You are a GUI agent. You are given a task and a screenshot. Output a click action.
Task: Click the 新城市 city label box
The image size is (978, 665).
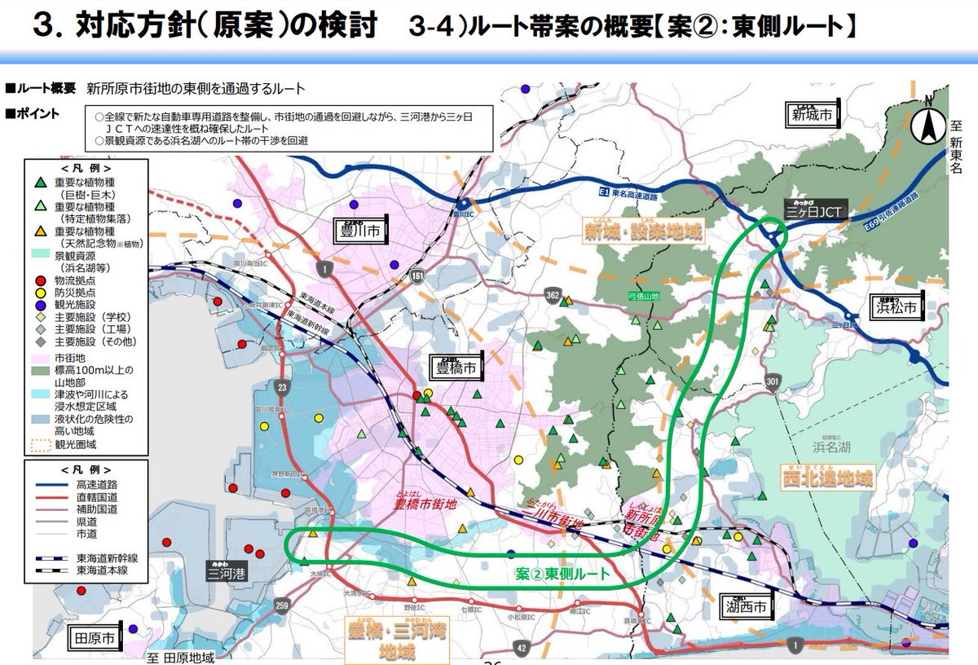click(x=813, y=116)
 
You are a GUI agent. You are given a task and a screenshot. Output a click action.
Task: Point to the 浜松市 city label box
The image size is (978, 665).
click(x=896, y=307)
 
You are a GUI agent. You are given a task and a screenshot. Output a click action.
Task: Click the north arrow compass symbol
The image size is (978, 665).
click(x=927, y=126)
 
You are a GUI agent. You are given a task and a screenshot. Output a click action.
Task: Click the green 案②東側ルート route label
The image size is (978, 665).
click(x=562, y=575)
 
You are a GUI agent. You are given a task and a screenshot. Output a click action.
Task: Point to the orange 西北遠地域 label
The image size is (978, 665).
click(x=826, y=477)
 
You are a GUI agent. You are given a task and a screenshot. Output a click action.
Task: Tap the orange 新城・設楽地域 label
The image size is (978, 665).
click(x=654, y=231)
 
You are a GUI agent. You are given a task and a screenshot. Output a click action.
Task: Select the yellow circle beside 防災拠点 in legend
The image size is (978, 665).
click(x=40, y=293)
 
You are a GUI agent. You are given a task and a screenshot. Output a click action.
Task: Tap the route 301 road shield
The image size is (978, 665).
click(x=772, y=381)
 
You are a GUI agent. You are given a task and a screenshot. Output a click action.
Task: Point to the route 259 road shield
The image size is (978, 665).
click(x=281, y=606)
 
